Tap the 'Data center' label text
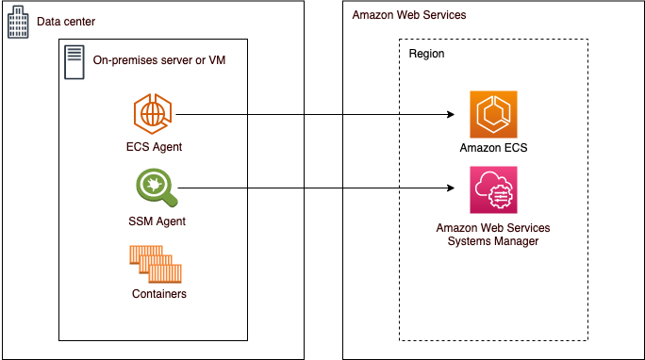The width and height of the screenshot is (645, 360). coord(66,22)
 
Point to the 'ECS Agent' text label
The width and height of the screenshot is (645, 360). coord(155,147)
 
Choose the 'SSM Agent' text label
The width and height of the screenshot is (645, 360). coord(156,221)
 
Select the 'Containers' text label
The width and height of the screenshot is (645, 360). coord(159,294)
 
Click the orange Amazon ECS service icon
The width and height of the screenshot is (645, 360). coord(493,115)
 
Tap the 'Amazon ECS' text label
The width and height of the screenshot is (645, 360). coord(493,148)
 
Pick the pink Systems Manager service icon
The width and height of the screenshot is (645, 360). coord(493,189)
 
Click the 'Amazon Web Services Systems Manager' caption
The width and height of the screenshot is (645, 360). coord(493,235)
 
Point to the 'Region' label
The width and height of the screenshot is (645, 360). coord(426,54)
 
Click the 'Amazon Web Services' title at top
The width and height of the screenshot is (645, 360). coord(408,16)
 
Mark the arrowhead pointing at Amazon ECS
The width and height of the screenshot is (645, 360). coord(451,115)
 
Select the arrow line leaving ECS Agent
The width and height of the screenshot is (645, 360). coord(311,115)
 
